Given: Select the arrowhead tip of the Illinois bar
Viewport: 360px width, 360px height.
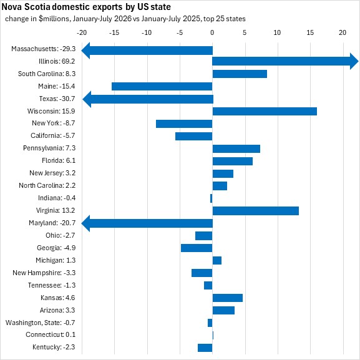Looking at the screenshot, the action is coord(358,61).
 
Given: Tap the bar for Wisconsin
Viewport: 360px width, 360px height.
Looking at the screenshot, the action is coord(265,111).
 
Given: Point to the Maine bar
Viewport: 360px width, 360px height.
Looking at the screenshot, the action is coord(162,87).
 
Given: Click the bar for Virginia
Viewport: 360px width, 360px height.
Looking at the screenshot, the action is coord(256,211).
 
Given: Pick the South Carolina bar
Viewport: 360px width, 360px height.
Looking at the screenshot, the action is coord(240,74).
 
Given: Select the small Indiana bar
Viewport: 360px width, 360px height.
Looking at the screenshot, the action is coord(212,198).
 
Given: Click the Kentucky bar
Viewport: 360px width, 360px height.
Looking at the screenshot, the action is coord(205,348).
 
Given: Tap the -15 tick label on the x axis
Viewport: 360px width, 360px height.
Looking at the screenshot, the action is coord(114,33).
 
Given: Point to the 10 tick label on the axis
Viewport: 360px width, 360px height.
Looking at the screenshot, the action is coord(277,32).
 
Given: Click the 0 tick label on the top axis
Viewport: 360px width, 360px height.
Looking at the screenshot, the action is coord(212,32).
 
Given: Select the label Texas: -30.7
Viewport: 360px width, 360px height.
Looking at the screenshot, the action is coord(57,99).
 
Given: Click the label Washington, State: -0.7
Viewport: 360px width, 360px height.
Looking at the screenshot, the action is coord(40,323).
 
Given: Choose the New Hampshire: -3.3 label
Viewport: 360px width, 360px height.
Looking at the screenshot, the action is coord(44,273).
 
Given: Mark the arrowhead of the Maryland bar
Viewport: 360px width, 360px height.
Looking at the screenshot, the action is coord(85,223).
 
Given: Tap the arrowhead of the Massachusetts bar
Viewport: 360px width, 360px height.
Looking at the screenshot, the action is coord(85,51).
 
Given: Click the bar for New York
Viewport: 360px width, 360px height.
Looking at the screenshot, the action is coord(184,124).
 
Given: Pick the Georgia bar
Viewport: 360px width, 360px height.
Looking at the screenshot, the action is coord(197,248).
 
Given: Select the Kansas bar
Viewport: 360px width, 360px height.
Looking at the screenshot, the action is coord(228,298).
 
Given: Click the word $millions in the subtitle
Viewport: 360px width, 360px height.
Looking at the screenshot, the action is coord(54,19).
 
